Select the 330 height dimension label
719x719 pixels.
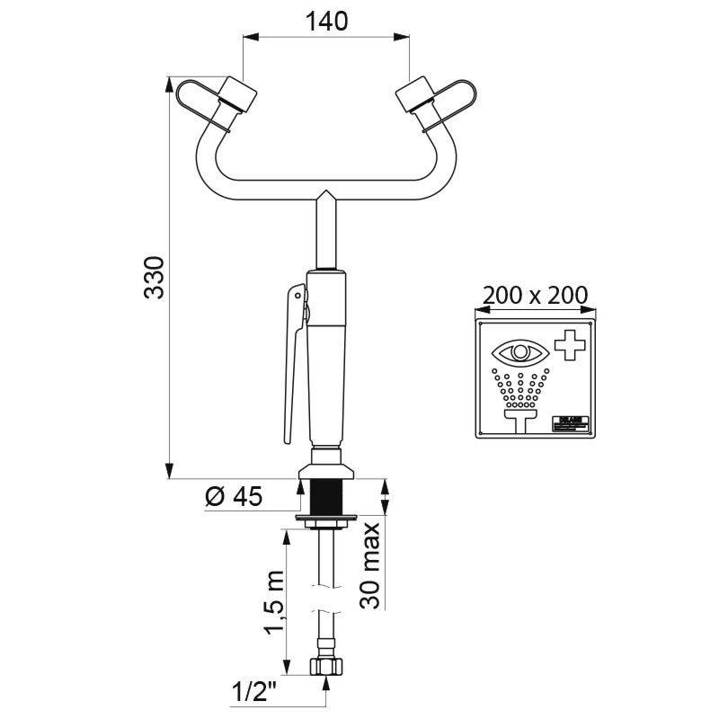click(154, 278)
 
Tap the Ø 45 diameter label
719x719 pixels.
click(233, 496)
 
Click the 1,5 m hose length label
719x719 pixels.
click(273, 601)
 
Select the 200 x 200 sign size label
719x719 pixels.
click(535, 294)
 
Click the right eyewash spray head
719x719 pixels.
click(413, 93)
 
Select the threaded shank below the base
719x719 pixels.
click(325, 498)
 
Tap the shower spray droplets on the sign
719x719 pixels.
click(520, 384)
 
